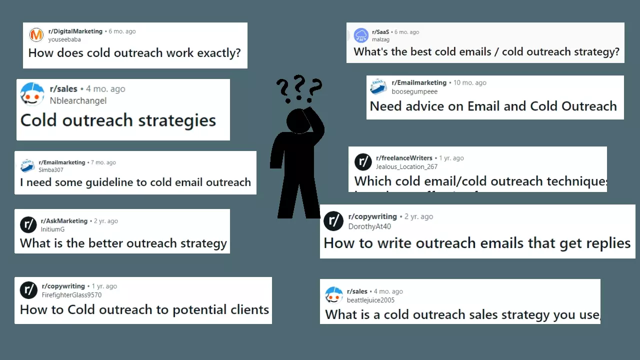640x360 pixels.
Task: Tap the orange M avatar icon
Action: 36,35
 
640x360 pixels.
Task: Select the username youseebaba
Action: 64,39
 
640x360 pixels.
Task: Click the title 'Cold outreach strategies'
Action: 118,120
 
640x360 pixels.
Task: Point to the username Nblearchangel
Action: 78,100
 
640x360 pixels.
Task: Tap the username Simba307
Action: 51,170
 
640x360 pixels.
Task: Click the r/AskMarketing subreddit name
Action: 64,221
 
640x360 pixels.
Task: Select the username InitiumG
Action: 52,229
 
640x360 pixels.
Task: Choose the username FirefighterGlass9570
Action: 71,295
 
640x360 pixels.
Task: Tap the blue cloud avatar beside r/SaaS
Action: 361,35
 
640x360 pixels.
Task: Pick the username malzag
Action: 380,40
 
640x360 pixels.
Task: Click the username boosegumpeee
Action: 414,91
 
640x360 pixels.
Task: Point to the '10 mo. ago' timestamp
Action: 469,82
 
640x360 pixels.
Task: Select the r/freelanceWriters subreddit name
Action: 404,158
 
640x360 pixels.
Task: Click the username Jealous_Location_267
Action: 406,166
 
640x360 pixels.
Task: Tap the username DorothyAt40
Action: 369,226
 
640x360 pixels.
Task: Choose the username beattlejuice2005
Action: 370,300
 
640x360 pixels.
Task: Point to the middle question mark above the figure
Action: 299,83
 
